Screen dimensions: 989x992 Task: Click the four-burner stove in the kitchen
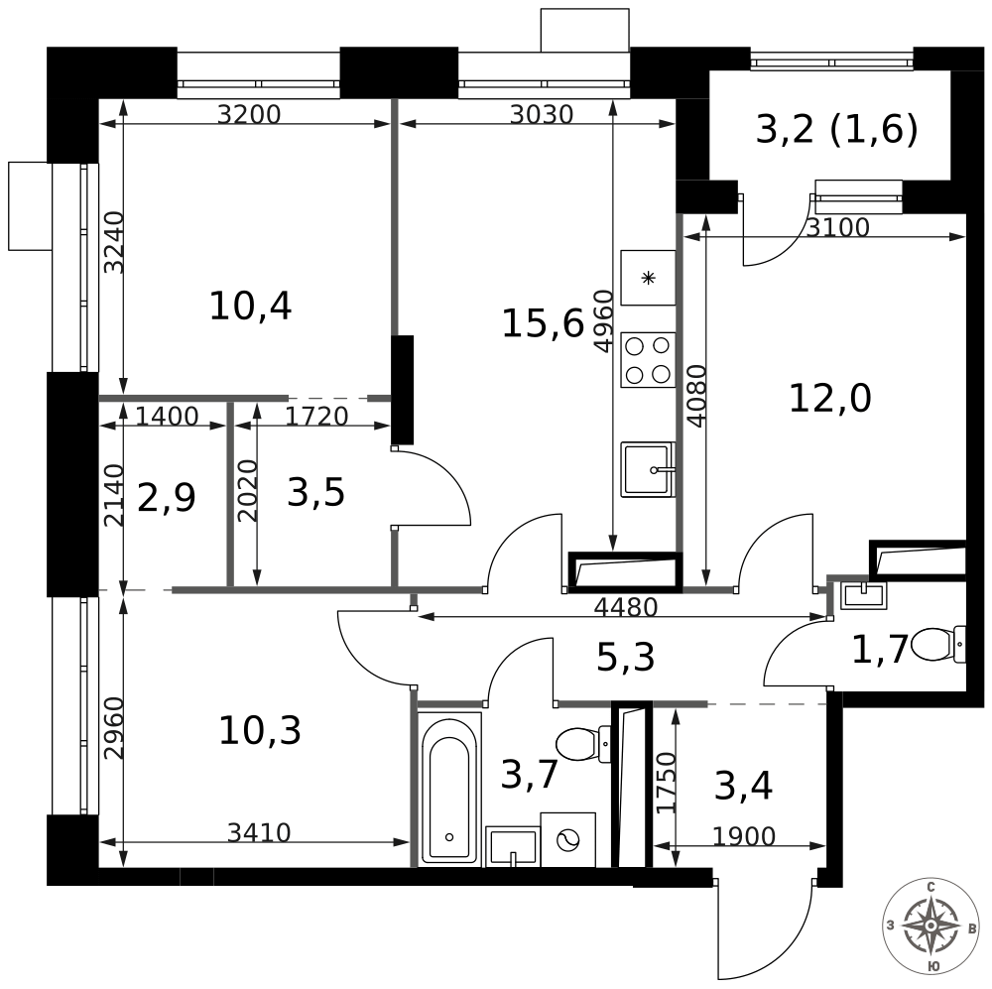pyautogui.click(x=647, y=360)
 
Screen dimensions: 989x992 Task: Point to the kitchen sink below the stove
pyautogui.click(x=647, y=469)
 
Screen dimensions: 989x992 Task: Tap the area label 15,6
pyautogui.click(x=542, y=323)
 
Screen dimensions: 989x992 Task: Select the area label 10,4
pyautogui.click(x=250, y=307)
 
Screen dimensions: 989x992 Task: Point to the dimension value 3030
pyautogui.click(x=542, y=115)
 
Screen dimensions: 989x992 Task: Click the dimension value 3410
pyautogui.click(x=259, y=833)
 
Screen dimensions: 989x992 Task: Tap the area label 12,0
pyautogui.click(x=829, y=399)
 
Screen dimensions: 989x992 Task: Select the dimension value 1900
pyautogui.click(x=744, y=837)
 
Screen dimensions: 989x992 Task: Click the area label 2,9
pyautogui.click(x=166, y=498)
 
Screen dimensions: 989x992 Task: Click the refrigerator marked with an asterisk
pyautogui.click(x=648, y=278)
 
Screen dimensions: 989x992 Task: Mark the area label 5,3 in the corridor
pyautogui.click(x=625, y=657)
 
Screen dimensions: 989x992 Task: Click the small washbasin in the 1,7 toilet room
pyautogui.click(x=862, y=595)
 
